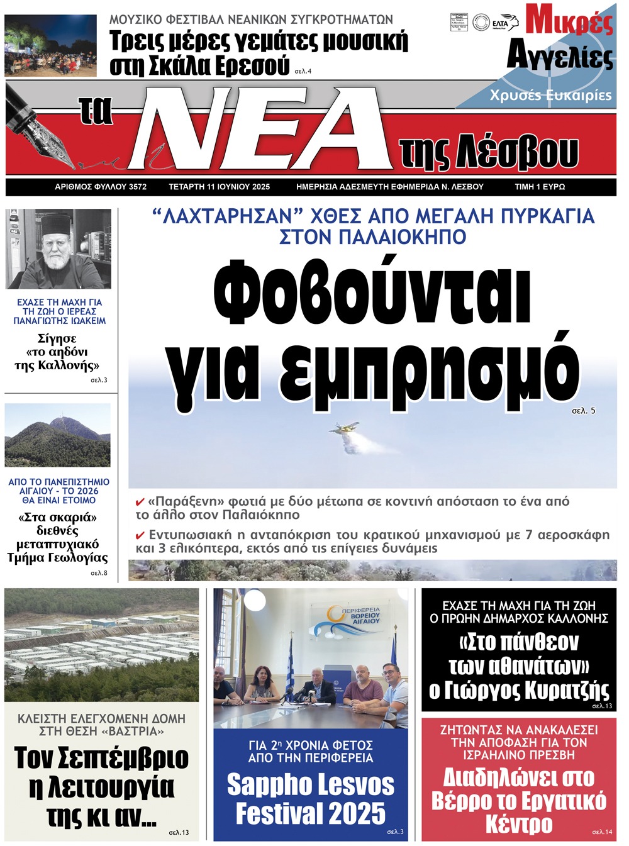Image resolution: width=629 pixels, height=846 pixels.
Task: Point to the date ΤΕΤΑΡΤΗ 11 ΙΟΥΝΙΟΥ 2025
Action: click(x=219, y=187)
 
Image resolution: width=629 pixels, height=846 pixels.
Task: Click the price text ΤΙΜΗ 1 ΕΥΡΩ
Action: click(x=540, y=187)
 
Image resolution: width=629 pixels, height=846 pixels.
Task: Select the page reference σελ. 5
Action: click(x=583, y=411)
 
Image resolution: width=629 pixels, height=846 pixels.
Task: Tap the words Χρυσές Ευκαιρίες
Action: click(x=550, y=95)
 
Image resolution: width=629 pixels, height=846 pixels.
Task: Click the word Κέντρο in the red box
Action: click(x=519, y=823)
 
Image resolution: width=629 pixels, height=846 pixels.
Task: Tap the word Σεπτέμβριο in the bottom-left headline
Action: click(x=101, y=758)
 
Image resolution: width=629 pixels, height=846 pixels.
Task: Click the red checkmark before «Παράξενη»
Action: click(x=140, y=502)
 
